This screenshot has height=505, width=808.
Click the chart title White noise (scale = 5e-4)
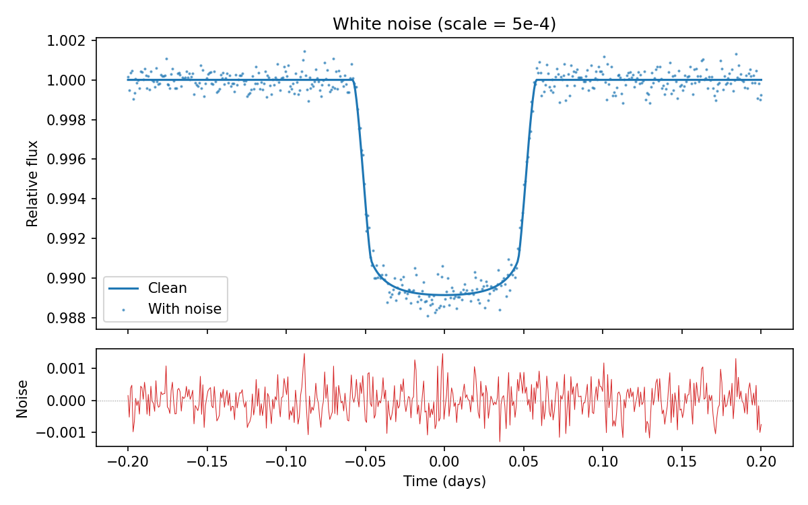click(444, 24)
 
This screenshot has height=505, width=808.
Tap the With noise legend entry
click(165, 310)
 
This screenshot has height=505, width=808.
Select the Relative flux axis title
click(32, 183)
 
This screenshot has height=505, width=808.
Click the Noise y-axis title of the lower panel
click(22, 398)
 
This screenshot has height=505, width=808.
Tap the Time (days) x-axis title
click(444, 481)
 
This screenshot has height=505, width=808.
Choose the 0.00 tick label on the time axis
click(444, 463)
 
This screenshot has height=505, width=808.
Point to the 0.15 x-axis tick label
click(681, 463)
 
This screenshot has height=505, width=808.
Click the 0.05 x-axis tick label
click(523, 463)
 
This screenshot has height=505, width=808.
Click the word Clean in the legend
click(168, 288)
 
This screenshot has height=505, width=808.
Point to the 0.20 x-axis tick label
click(761, 463)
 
